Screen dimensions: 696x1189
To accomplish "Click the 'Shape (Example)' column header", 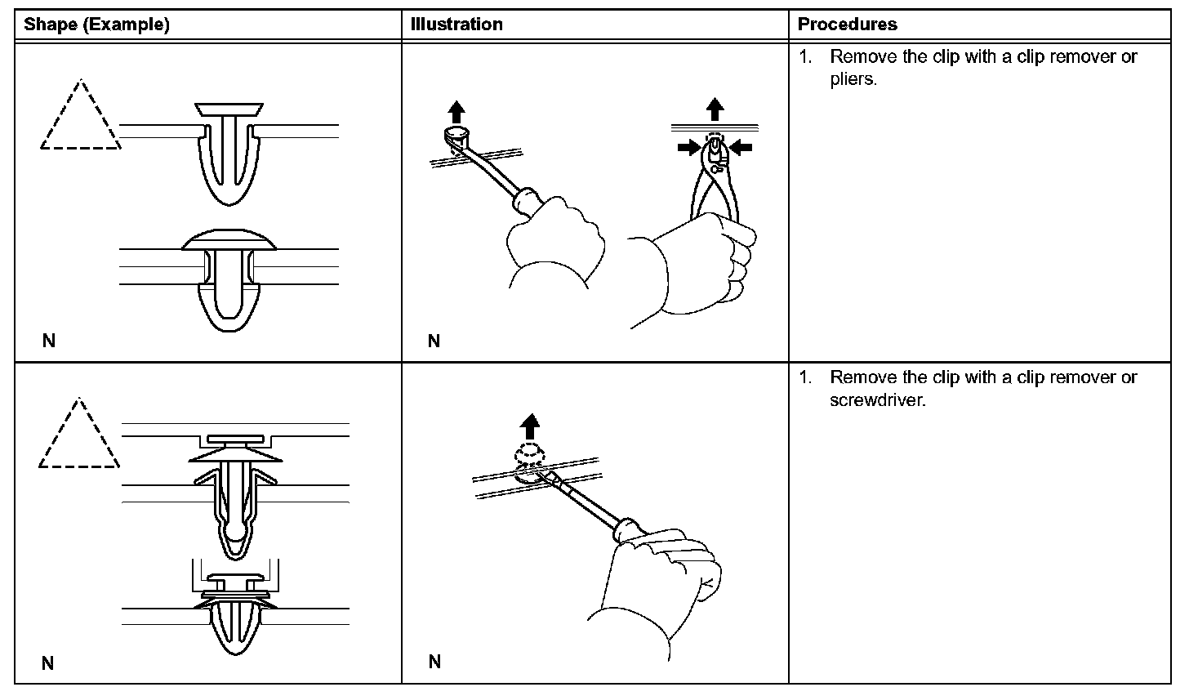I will tap(96, 25).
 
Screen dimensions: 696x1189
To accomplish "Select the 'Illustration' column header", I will tap(456, 25).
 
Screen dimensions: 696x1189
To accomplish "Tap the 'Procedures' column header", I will tap(847, 25).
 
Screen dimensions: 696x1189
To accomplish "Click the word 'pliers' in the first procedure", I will tap(852, 81).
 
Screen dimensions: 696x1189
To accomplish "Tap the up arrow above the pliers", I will tap(715, 109).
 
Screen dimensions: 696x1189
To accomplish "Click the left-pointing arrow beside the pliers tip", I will tap(741, 147).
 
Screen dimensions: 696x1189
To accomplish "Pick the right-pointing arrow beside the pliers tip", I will tap(689, 147).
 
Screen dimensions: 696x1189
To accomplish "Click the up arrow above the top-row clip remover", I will tap(456, 112).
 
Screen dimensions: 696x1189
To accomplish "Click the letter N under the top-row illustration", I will tap(434, 341).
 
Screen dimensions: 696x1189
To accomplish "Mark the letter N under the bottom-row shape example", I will tap(48, 663).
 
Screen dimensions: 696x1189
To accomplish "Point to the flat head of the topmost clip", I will tap(229, 109).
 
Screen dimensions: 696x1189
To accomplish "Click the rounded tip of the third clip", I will tap(234, 540).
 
